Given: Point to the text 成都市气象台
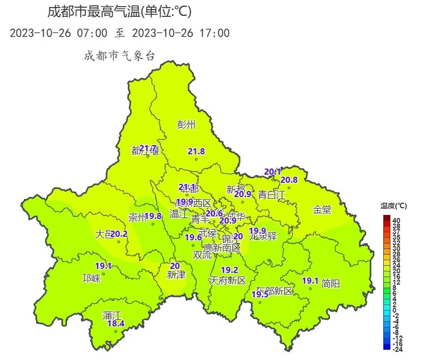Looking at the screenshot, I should click(x=119, y=56).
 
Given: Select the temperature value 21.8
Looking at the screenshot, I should click(x=196, y=151).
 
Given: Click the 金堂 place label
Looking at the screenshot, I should click(x=322, y=209).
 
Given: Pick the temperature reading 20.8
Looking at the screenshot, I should click(x=289, y=180).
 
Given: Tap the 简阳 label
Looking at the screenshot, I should click(x=331, y=284).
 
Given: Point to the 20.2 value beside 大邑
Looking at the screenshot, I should click(x=119, y=234).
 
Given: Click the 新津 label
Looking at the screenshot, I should click(x=176, y=274).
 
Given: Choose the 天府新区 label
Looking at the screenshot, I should click(x=227, y=281).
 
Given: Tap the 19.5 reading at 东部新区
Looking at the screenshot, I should click(x=260, y=294).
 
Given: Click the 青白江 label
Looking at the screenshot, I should click(x=271, y=194).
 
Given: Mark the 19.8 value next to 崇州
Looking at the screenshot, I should click(x=153, y=216).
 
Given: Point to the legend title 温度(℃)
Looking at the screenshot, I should click(x=393, y=206).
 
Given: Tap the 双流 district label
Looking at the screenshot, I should click(x=202, y=255).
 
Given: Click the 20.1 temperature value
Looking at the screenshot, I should click(x=272, y=172).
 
